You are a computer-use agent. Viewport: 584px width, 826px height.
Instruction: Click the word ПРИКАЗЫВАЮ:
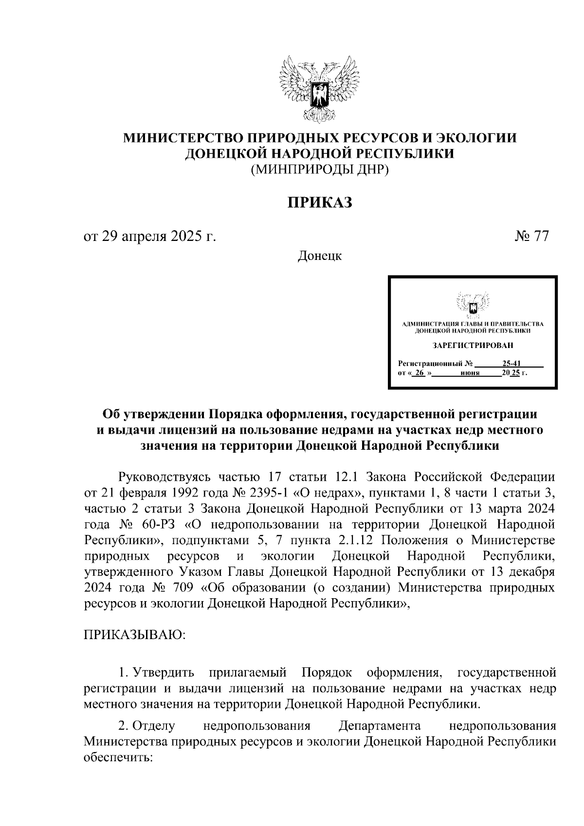point(135,635)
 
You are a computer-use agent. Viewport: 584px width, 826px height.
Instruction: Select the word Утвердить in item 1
point(164,673)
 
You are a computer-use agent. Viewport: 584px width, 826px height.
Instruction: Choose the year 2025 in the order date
point(183,237)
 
